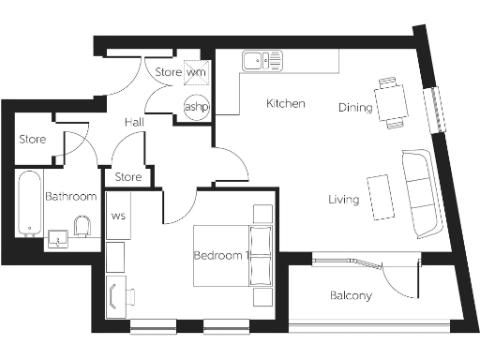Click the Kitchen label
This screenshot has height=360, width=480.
[286, 103]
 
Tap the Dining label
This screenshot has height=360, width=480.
[355, 108]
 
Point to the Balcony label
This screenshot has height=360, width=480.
[352, 295]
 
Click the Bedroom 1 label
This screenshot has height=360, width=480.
[219, 255]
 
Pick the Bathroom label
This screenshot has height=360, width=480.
[71, 197]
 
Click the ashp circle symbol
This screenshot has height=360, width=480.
[197, 107]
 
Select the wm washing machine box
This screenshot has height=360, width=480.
[196, 72]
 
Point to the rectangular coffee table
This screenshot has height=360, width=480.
[381, 197]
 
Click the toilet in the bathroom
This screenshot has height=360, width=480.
[82, 226]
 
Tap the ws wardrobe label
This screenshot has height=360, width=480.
[118, 217]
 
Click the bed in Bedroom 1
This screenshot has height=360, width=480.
[232, 255]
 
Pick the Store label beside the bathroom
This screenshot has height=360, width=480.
[33, 140]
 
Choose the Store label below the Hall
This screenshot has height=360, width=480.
[127, 176]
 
